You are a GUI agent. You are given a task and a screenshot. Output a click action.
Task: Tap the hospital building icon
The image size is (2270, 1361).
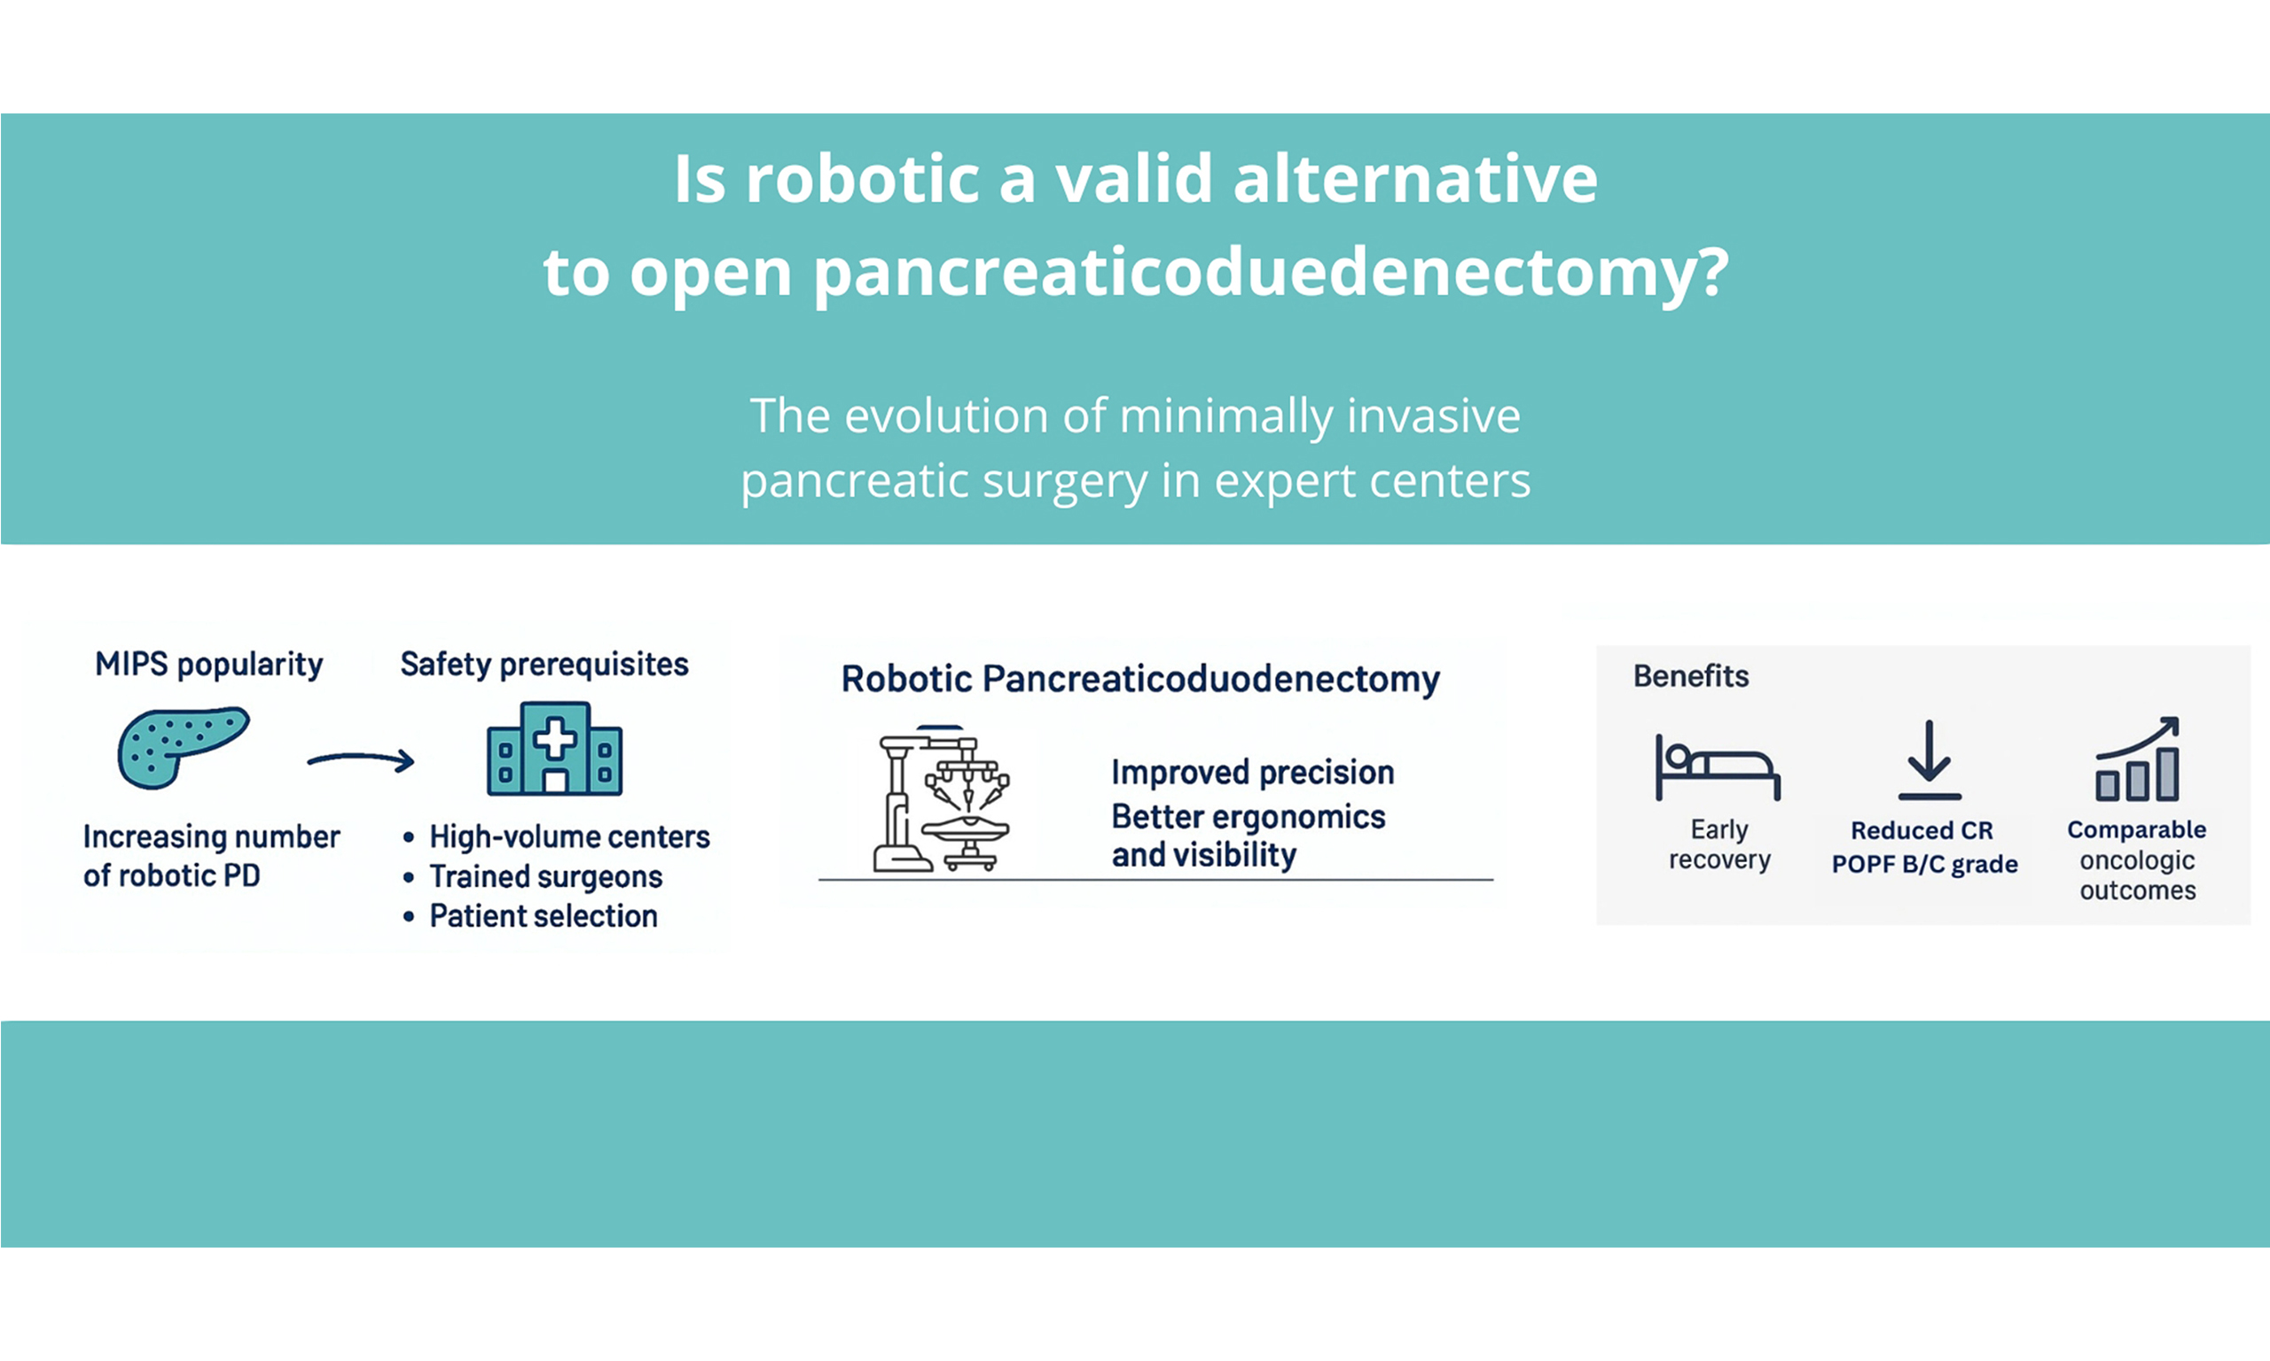click(554, 749)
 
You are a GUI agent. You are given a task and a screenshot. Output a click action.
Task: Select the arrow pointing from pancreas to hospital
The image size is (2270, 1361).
click(361, 759)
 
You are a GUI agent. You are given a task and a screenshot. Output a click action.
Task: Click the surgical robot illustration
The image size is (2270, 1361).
click(941, 797)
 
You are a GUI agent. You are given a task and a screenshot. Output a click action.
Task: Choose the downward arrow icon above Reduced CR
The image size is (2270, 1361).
click(1929, 760)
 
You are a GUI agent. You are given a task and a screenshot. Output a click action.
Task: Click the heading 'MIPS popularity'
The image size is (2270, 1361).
click(209, 665)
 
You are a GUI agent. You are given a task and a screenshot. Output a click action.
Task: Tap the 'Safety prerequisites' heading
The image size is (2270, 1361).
click(544, 665)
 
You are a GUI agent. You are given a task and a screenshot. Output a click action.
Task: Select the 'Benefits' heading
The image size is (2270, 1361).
click(1691, 677)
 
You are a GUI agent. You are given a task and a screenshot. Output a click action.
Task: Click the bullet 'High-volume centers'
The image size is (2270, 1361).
click(569, 836)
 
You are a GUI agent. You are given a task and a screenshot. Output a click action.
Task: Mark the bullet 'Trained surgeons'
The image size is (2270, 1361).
click(546, 876)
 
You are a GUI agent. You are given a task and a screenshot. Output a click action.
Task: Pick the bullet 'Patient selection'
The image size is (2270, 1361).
click(544, 916)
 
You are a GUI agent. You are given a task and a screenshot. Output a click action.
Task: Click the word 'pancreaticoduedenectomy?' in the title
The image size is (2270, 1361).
click(1271, 273)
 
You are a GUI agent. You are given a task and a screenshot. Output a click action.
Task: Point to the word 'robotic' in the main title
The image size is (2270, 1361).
click(862, 178)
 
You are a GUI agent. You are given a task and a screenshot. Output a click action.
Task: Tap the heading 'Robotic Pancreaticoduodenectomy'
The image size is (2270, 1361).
click(1140, 680)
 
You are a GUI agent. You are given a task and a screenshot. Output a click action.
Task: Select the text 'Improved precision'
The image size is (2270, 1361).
click(1252, 774)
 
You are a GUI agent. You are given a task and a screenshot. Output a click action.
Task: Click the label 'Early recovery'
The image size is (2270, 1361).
click(1719, 844)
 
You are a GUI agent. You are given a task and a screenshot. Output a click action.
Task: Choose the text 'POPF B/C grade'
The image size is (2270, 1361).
click(1925, 865)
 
